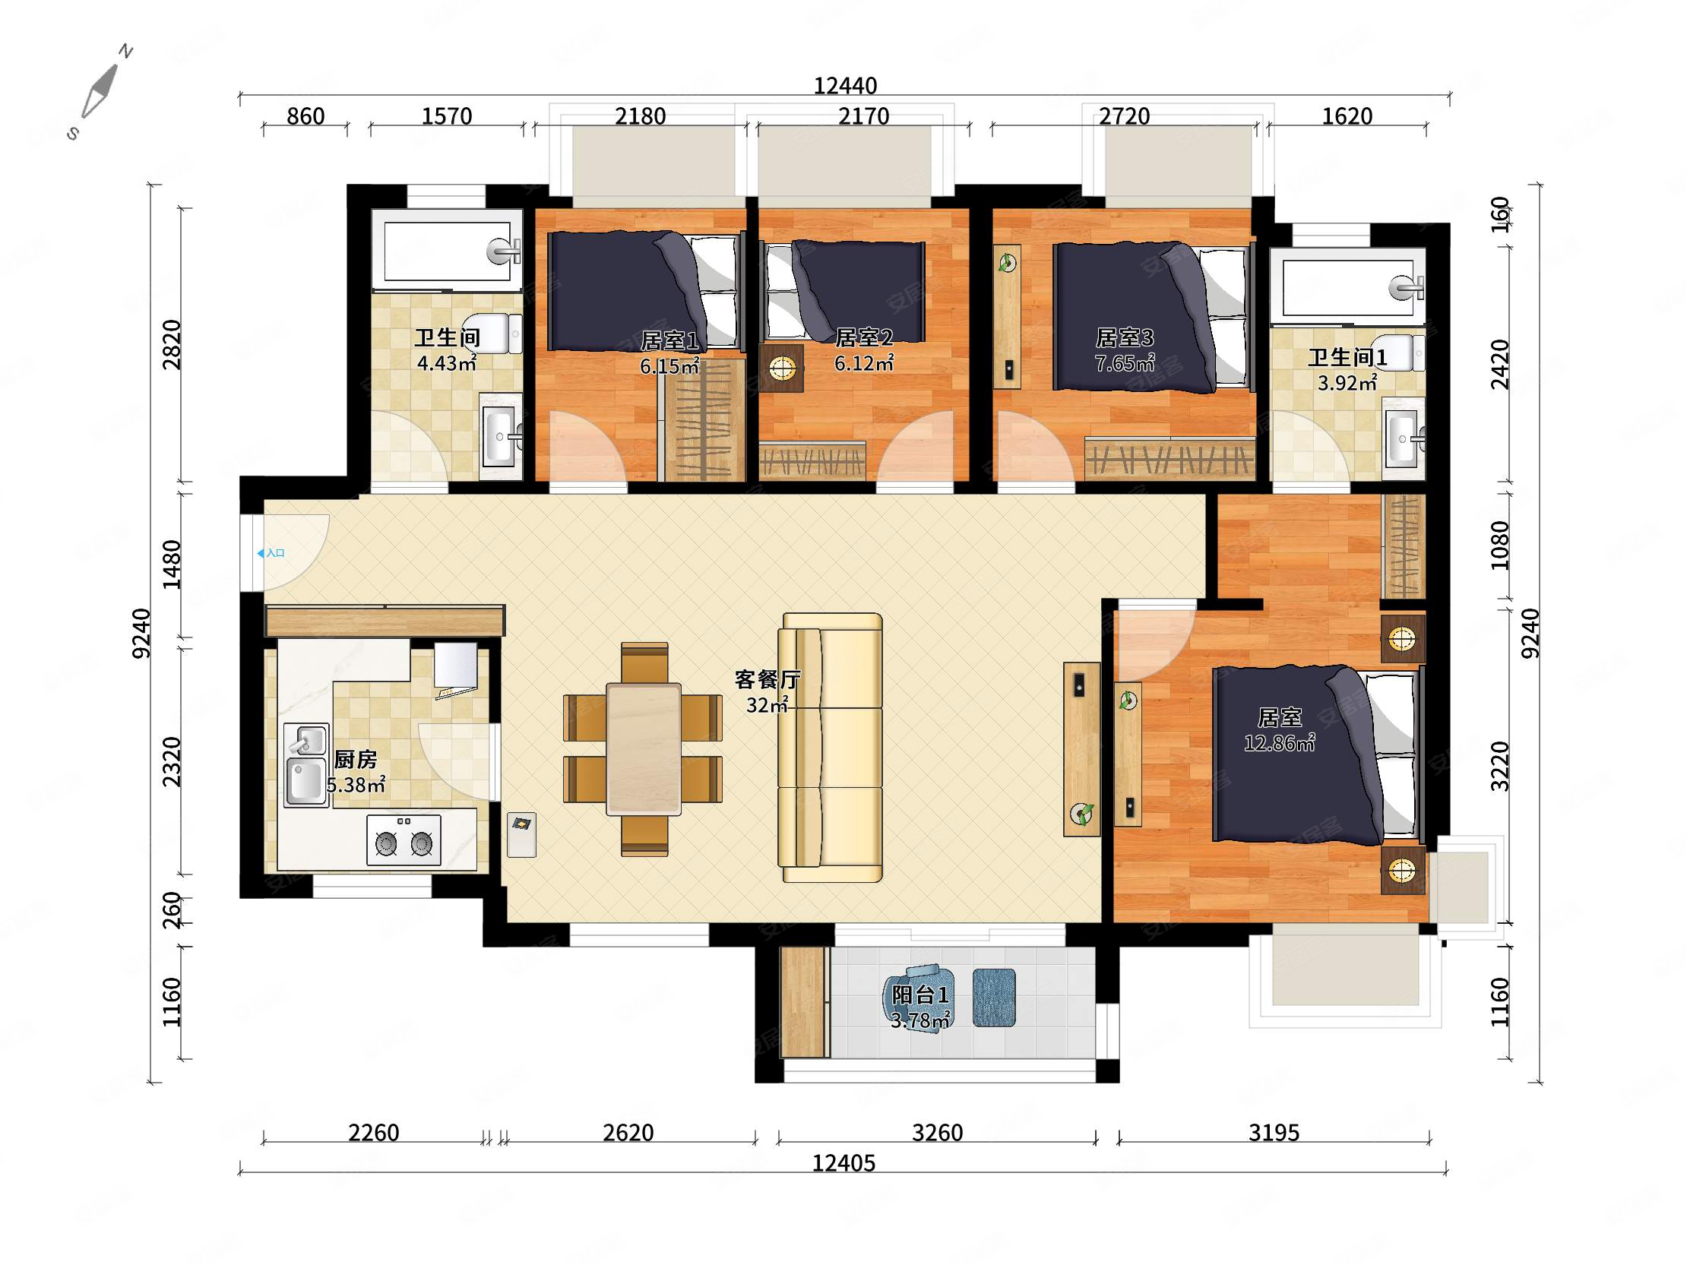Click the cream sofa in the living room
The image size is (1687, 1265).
pyautogui.click(x=830, y=748)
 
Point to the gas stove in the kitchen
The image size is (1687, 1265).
pyautogui.click(x=404, y=840)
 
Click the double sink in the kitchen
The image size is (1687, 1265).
pyautogui.click(x=306, y=765)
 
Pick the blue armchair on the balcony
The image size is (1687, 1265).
pyautogui.click(x=919, y=996)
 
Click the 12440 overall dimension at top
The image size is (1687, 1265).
pyautogui.click(x=845, y=85)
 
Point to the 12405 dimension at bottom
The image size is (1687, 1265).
pyautogui.click(x=843, y=1163)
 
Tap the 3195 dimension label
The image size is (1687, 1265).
pyautogui.click(x=1274, y=1132)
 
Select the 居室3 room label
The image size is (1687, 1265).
pyautogui.click(x=1124, y=337)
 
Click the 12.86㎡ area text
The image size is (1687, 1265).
pyautogui.click(x=1279, y=742)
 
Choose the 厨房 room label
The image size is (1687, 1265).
pyautogui.click(x=356, y=760)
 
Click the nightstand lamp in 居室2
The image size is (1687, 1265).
pyautogui.click(x=781, y=369)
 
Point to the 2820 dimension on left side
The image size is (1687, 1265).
pyautogui.click(x=172, y=345)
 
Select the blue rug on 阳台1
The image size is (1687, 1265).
pyautogui.click(x=994, y=998)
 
